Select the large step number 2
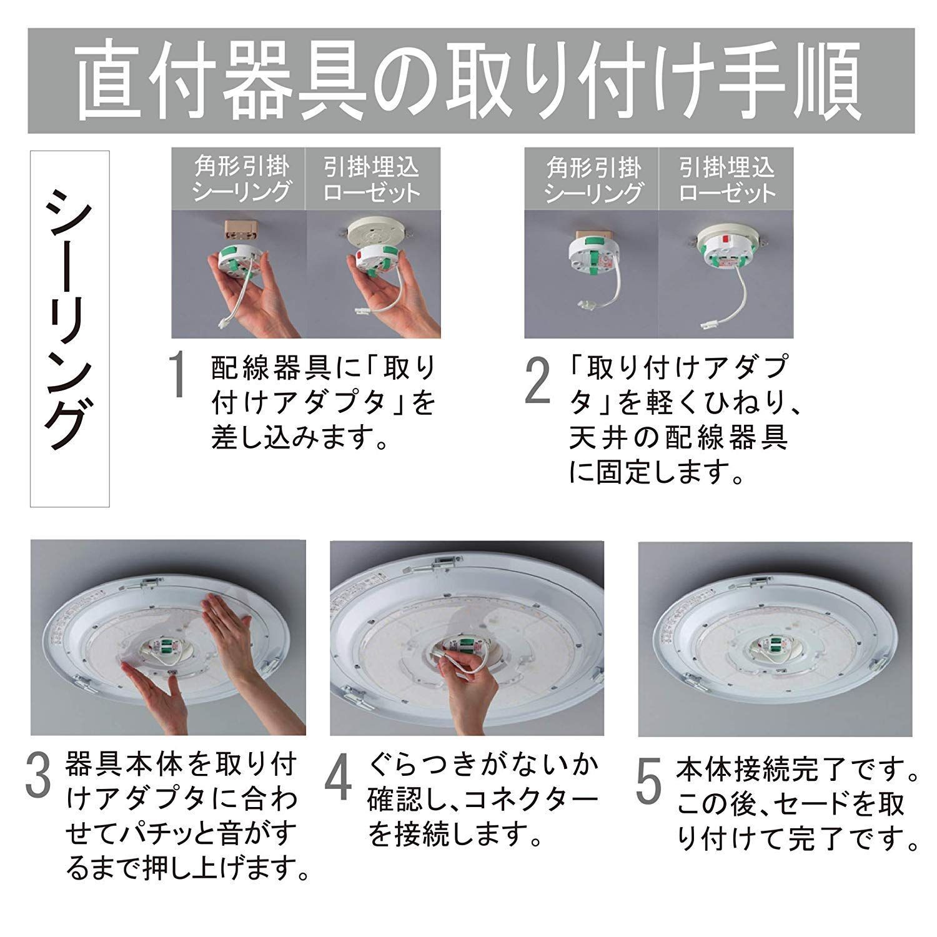[537, 381]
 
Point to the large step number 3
[39, 775]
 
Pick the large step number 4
[338, 778]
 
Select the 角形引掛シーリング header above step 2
[592, 179]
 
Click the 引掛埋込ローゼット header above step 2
[726, 179]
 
